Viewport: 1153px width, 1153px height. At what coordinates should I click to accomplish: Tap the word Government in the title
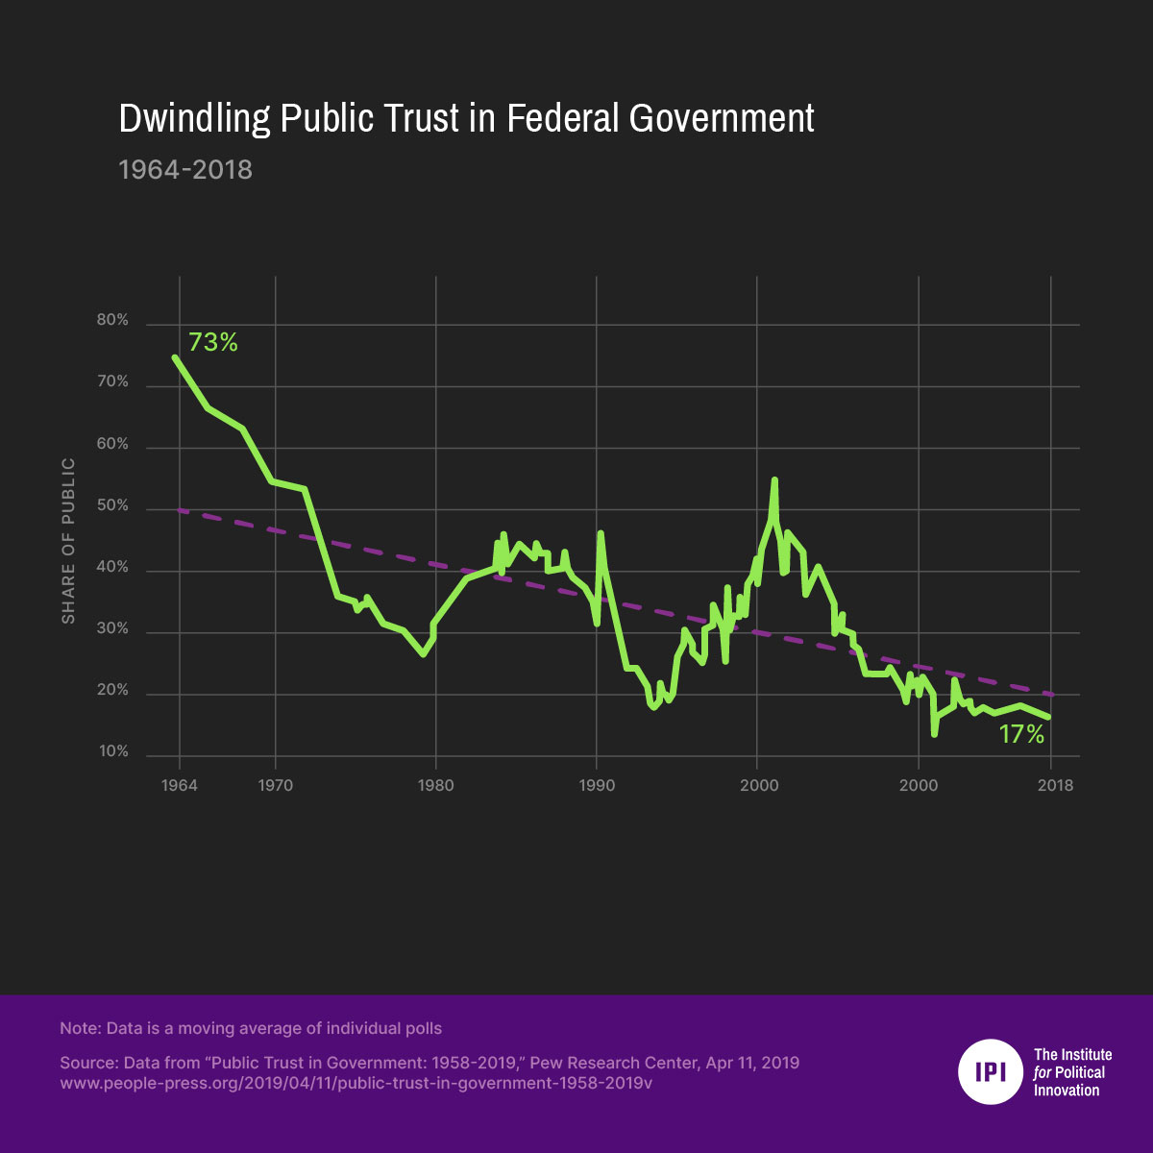click(x=722, y=119)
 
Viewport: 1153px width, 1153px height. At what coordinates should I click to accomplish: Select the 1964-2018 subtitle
click(x=185, y=170)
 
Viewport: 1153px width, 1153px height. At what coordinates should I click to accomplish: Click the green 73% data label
click(x=212, y=342)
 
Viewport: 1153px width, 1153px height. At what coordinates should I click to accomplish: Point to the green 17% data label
click(x=1020, y=735)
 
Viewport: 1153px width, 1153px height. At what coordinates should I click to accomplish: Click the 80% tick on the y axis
click(x=112, y=320)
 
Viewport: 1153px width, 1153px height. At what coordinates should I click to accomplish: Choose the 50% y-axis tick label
click(x=112, y=505)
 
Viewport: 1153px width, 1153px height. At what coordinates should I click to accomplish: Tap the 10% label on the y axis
click(x=112, y=751)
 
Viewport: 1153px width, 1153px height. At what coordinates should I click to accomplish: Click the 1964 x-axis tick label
click(x=180, y=785)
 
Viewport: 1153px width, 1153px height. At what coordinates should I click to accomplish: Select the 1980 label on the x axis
click(x=436, y=785)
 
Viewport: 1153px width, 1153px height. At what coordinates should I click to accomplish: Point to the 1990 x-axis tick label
click(x=597, y=785)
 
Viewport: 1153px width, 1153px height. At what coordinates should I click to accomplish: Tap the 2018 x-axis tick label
click(x=1055, y=785)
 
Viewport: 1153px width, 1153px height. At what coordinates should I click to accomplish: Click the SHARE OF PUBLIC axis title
click(x=68, y=541)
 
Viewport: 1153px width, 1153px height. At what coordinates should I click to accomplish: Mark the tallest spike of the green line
click(x=774, y=479)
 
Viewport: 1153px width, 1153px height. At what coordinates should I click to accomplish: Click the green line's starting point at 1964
click(x=175, y=356)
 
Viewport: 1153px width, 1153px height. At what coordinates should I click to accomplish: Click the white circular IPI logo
click(x=990, y=1071)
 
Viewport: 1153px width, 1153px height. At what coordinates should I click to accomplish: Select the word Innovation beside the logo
click(x=1067, y=1090)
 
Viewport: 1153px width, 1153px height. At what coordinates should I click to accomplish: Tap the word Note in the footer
click(x=79, y=1028)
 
